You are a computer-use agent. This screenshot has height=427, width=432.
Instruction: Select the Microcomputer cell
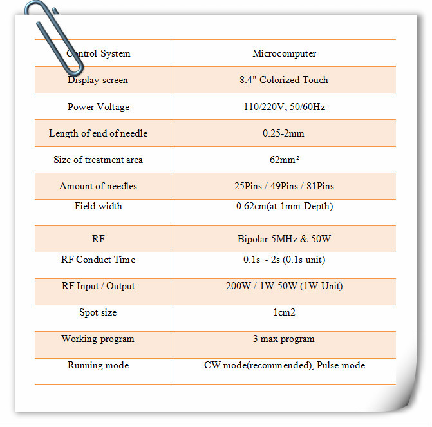(284, 53)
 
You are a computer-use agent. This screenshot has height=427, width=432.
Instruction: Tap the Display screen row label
(98, 80)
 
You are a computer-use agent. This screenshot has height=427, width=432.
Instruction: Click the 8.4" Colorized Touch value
(284, 80)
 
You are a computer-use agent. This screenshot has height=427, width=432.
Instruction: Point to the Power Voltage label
(98, 107)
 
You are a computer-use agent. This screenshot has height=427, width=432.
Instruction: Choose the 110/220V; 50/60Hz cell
(284, 107)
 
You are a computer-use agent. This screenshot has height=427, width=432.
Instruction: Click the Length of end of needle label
(98, 133)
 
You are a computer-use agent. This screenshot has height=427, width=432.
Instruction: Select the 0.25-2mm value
(284, 133)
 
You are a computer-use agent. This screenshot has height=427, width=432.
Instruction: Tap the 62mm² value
(284, 160)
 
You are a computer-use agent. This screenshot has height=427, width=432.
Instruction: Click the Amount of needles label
(98, 186)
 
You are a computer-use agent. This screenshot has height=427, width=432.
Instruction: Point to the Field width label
(98, 206)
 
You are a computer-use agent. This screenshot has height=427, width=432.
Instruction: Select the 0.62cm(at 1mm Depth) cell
(284, 206)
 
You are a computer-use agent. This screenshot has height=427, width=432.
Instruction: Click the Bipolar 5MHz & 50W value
(284, 239)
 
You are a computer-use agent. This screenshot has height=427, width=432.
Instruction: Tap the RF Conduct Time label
(98, 260)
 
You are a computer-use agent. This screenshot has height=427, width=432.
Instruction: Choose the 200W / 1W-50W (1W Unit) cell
(284, 286)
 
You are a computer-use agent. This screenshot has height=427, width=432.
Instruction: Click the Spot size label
(98, 312)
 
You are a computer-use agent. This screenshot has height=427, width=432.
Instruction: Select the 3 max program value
(284, 339)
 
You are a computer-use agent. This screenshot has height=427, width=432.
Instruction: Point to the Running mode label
(98, 365)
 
